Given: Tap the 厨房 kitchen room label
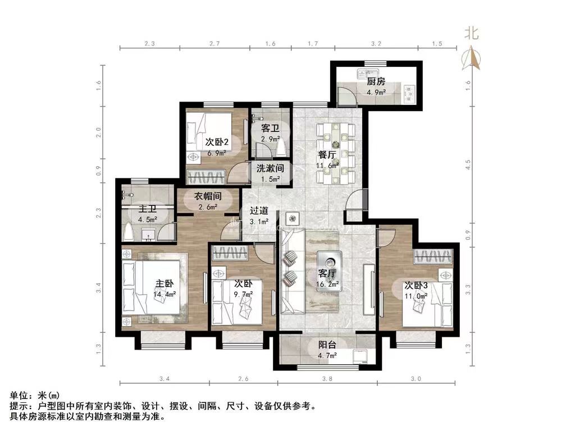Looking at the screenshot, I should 376,81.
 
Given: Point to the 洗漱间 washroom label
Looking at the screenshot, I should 270,168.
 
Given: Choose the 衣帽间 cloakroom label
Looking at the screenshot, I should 207,196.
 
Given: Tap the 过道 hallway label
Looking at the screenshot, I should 258,211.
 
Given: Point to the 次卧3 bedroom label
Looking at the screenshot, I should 416,285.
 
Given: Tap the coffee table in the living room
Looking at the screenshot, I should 328,263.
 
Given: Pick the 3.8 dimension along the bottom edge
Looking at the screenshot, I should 327,379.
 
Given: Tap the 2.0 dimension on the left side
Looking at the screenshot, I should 99,132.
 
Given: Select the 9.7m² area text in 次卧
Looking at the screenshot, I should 244,294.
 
